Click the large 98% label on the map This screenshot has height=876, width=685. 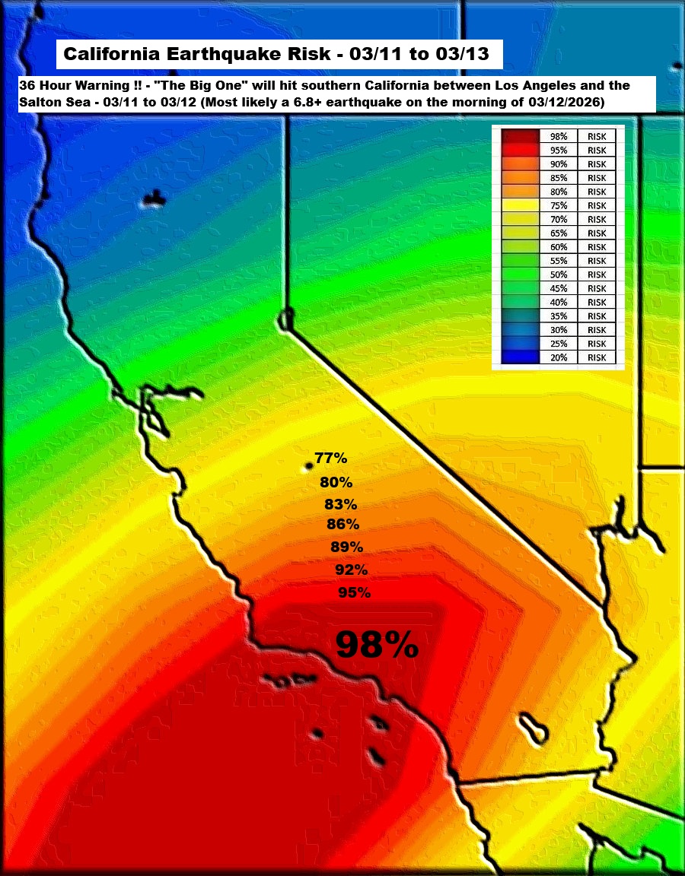pos(377,644)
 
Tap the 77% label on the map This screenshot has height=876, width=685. pos(331,459)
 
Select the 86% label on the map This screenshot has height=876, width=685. pos(342,524)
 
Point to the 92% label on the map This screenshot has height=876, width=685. pos(352,570)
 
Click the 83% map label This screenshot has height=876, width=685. pos(340,504)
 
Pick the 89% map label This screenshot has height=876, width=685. pos(347,547)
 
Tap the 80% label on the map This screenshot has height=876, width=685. pos(336,482)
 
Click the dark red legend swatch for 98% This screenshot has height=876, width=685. pos(521,136)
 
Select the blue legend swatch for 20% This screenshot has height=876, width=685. pos(521,357)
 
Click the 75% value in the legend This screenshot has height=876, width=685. pos(559,205)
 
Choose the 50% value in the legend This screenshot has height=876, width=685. pos(559,275)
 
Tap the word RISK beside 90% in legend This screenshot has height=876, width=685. pos(597,164)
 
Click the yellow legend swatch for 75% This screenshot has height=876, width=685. pos(521,205)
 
